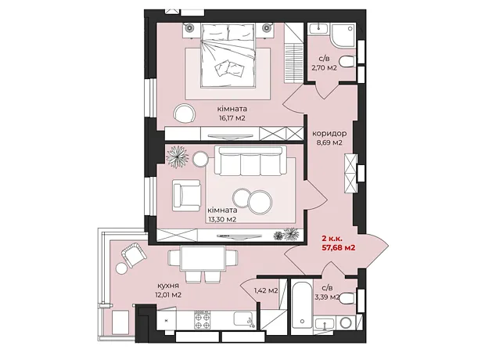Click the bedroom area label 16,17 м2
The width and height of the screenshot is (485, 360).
[x=232, y=118]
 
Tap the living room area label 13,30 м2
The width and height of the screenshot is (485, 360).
[x=222, y=219]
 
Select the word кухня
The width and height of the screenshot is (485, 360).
[x=167, y=286]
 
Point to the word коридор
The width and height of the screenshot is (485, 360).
[x=329, y=133]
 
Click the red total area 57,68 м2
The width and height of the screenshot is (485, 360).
[x=339, y=247]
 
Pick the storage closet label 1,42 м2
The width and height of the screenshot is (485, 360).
[x=266, y=290]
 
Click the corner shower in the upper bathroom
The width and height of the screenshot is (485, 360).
[x=343, y=35]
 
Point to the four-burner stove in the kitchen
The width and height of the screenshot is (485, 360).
[x=203, y=320]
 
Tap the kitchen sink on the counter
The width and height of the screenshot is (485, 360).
[x=245, y=319]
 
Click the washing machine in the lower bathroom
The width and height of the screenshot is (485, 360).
[x=346, y=323]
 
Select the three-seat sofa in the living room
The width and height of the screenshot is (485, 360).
[x=250, y=161]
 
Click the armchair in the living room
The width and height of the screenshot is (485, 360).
[x=187, y=196]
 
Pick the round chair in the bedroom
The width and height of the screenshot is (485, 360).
[x=185, y=113]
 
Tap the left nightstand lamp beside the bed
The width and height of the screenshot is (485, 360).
[x=189, y=28]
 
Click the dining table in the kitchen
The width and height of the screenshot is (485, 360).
[x=203, y=257]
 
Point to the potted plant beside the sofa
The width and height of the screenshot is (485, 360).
[x=178, y=157]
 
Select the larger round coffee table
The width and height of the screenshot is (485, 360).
[x=260, y=203]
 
